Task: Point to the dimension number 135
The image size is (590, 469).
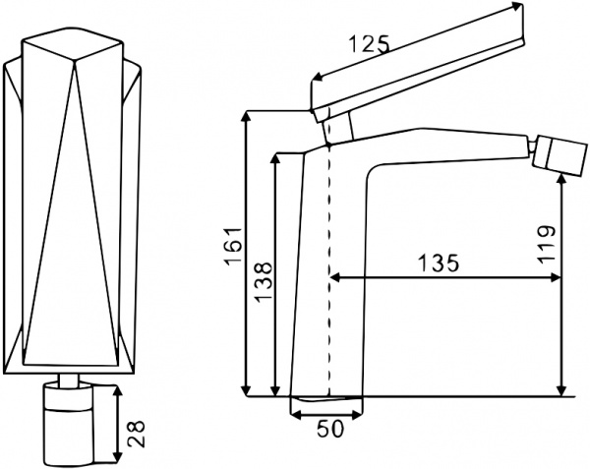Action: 438,264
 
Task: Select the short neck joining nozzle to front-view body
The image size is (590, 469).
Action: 71,381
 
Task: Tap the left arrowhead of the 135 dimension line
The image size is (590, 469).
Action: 334,278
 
